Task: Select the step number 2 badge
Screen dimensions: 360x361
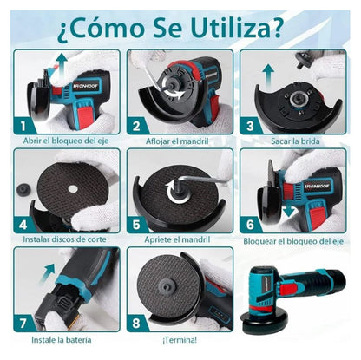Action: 136,125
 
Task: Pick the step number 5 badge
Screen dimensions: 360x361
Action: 136,223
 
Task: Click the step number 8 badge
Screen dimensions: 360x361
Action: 136,322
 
